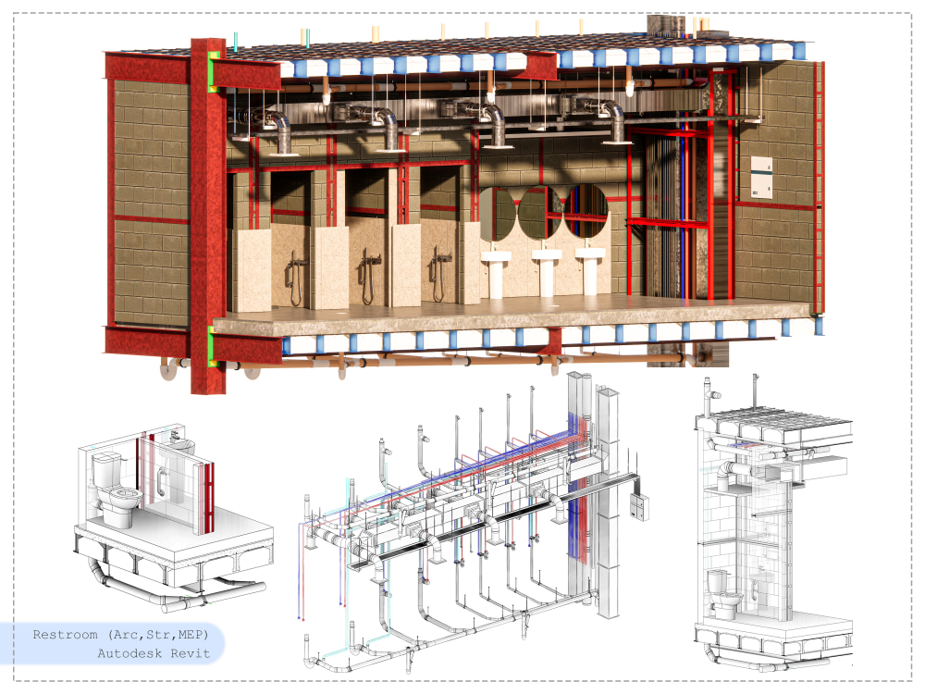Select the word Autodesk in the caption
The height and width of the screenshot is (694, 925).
(x=129, y=653)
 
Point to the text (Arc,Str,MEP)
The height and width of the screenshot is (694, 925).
(x=158, y=635)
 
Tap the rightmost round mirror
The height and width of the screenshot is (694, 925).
(x=586, y=211)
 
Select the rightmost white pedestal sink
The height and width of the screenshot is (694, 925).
(x=590, y=269)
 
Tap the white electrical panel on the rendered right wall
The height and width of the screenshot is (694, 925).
(x=761, y=177)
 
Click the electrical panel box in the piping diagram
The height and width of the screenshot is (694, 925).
(x=639, y=507)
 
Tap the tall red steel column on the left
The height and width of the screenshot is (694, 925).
(x=207, y=216)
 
